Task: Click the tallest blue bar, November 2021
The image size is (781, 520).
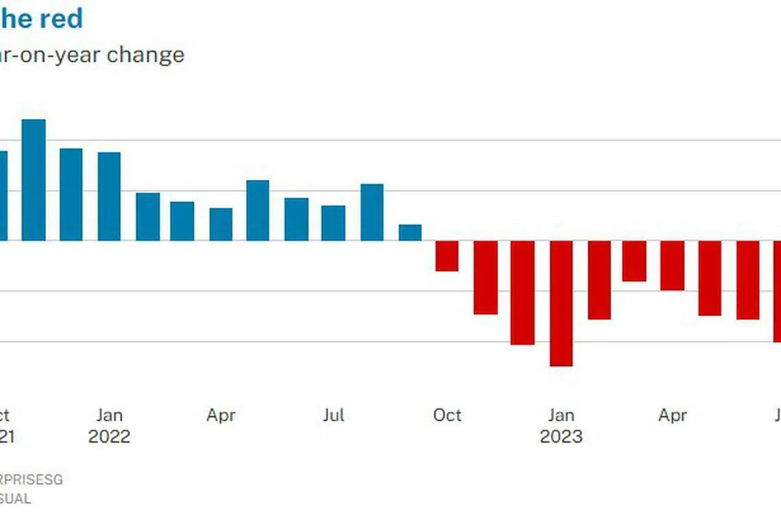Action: point(34,180)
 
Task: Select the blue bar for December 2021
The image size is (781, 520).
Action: point(71,194)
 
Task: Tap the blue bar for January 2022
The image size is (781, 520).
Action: point(109,196)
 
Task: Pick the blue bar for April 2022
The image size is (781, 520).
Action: point(221,224)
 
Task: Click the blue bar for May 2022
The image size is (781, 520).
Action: point(258,210)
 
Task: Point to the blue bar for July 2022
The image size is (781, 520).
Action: point(333,223)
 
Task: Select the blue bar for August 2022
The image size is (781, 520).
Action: point(372,212)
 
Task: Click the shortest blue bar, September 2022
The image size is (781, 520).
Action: point(410,233)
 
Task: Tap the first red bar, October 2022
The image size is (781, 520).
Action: point(447,256)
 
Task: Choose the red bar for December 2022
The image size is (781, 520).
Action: point(522,292)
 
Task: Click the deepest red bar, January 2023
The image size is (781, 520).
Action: point(561,303)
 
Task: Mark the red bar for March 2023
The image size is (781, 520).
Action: point(634,261)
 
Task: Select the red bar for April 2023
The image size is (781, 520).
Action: point(672,265)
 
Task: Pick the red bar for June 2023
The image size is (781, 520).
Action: point(748,280)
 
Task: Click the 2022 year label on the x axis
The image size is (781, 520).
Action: point(109,437)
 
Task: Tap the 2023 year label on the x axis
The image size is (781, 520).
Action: point(561,437)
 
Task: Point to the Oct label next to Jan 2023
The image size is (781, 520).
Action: point(447,415)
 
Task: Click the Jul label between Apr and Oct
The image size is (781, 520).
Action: point(333,415)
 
